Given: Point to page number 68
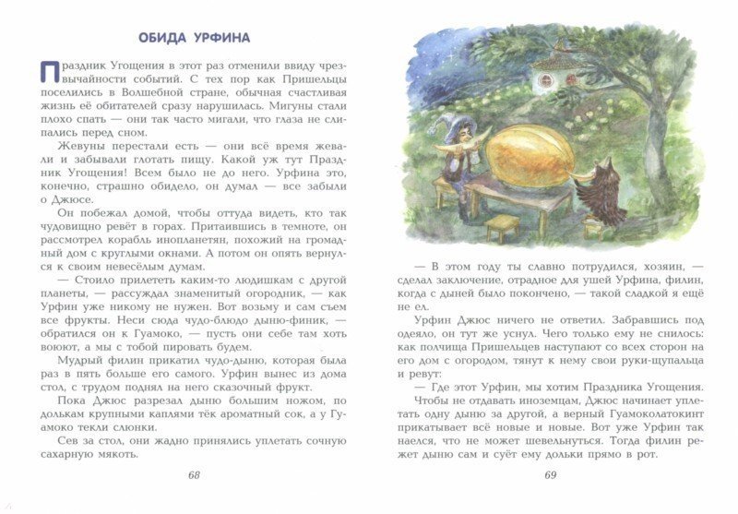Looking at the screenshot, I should click(193, 475).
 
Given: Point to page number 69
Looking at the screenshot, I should click(551, 476).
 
